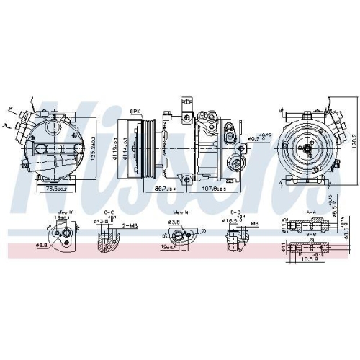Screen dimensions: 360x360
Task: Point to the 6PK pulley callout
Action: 135,109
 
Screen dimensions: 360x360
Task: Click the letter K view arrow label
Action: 11,109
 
